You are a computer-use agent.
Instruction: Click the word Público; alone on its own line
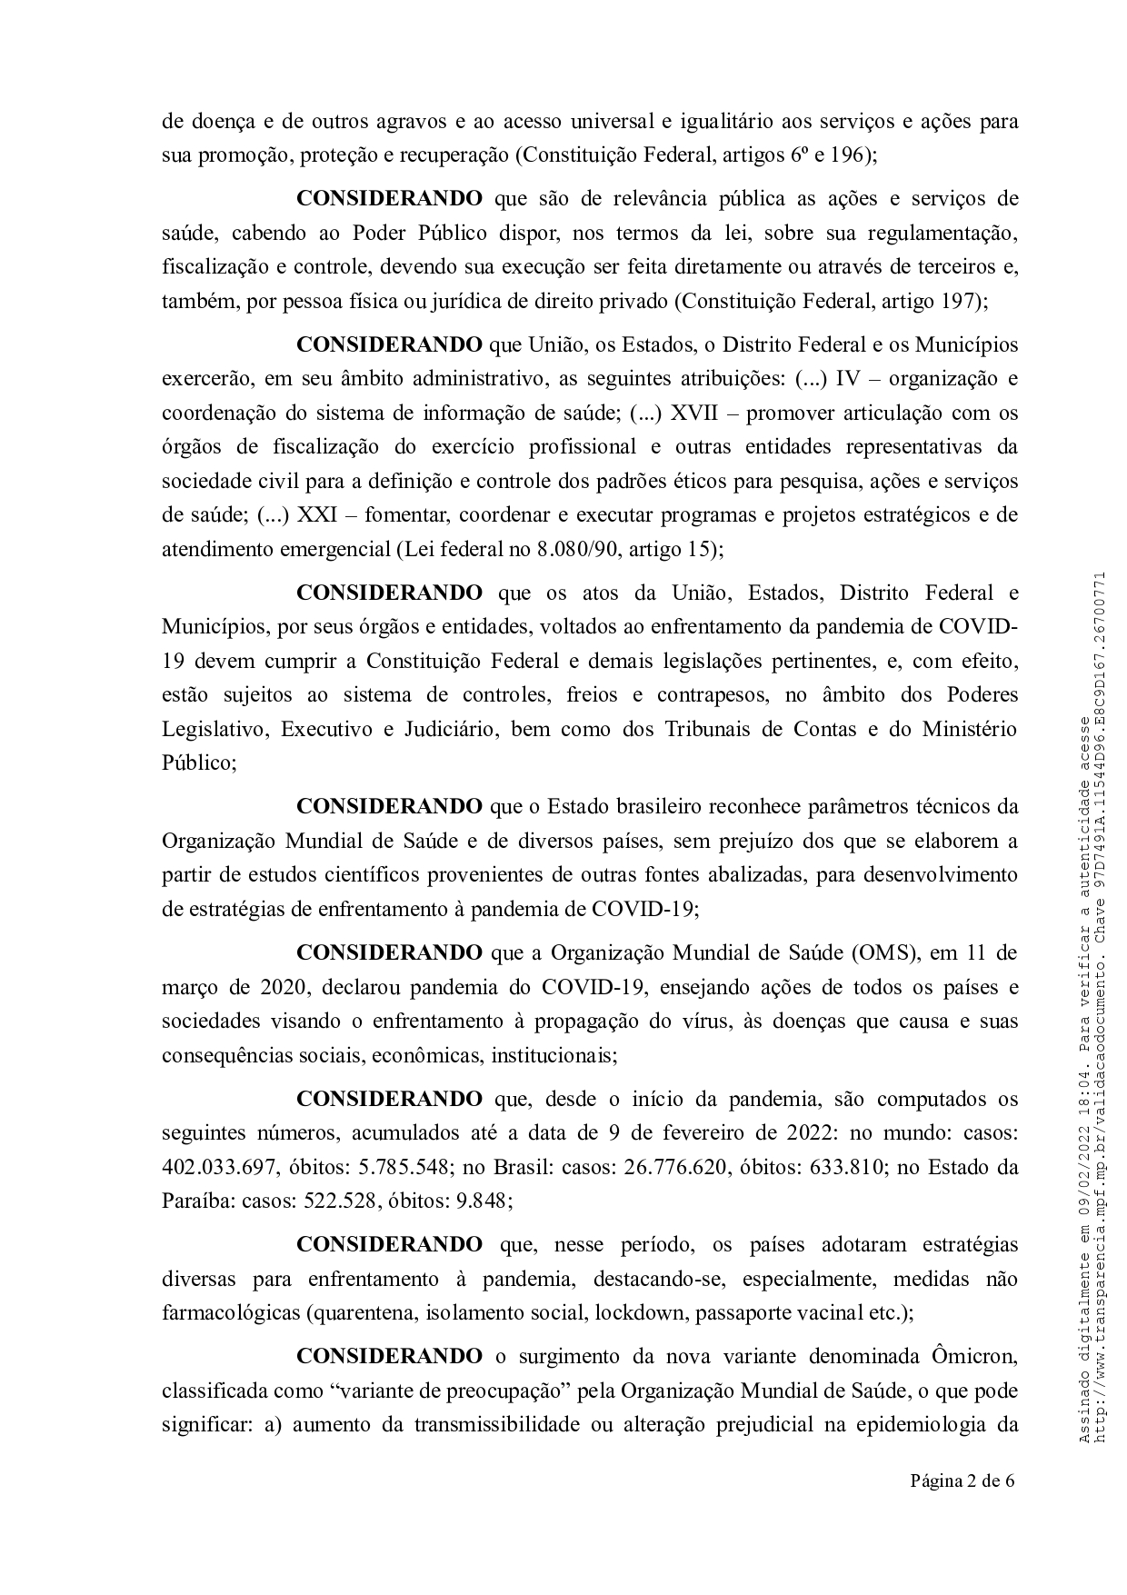[199, 763]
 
